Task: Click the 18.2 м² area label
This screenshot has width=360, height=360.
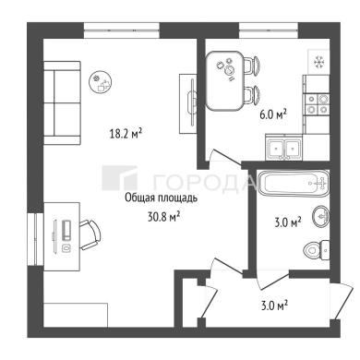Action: (126, 134)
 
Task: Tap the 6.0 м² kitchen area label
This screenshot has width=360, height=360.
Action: (273, 115)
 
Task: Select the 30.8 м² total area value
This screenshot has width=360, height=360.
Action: (163, 218)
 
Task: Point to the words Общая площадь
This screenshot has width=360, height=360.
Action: (161, 198)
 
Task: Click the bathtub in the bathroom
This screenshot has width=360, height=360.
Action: (294, 184)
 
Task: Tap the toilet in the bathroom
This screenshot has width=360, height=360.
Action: (317, 250)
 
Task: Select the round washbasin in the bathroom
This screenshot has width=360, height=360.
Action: (321, 217)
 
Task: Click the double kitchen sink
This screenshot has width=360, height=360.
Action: (284, 149)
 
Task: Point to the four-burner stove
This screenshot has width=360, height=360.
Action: (317, 104)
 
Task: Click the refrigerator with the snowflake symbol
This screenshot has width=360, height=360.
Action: (318, 62)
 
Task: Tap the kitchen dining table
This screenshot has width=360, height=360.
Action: (224, 81)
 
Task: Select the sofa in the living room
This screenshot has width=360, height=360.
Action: (62, 102)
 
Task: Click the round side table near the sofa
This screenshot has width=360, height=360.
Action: (102, 81)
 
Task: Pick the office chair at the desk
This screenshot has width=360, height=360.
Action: (90, 235)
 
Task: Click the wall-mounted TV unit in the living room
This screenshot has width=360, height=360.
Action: (188, 103)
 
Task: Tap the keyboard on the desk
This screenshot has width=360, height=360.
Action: (66, 230)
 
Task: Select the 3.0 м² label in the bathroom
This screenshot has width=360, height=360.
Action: (288, 222)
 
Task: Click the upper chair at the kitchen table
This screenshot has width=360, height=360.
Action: (252, 66)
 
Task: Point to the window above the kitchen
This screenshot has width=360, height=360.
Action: (270, 30)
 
